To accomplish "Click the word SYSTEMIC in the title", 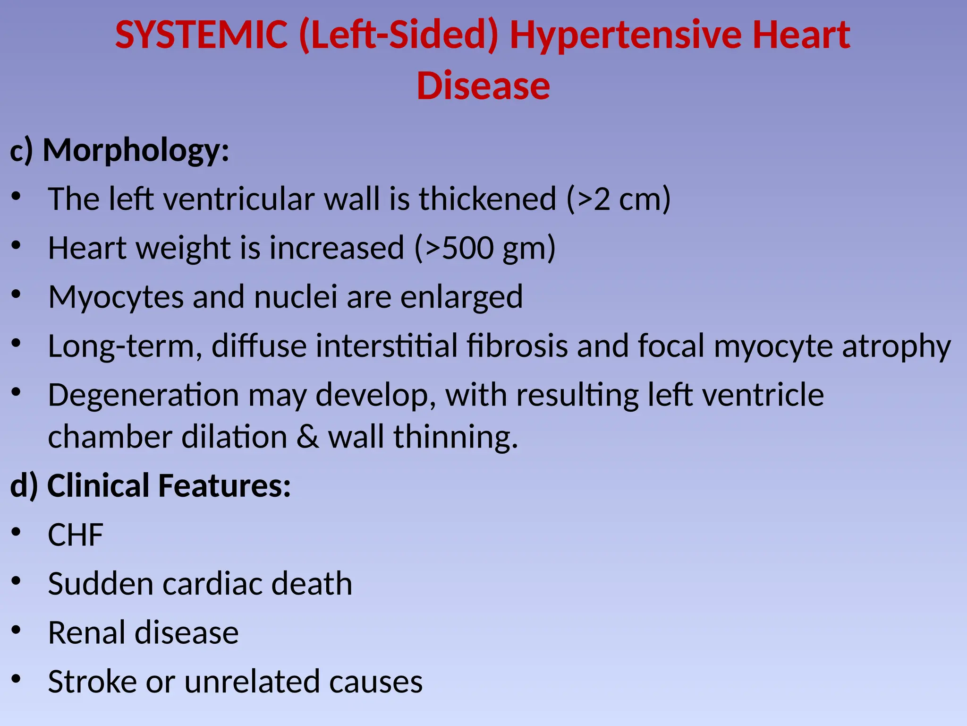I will click(x=202, y=35).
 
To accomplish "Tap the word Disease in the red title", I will click(x=483, y=86).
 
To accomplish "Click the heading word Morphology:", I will click(x=136, y=151).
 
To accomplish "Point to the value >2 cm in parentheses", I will click(x=618, y=199).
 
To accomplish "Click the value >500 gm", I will click(x=485, y=248).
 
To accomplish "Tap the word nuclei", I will click(x=296, y=297).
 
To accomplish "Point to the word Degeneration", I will click(x=143, y=395).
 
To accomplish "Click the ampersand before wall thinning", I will click(x=307, y=437).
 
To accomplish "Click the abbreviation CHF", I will click(x=76, y=535).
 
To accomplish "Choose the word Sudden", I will click(x=100, y=584).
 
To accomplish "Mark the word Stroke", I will click(x=92, y=682).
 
